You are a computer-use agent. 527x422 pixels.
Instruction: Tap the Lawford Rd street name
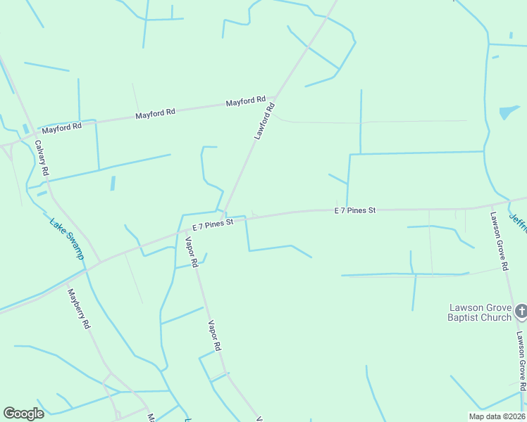pyautogui.click(x=263, y=121)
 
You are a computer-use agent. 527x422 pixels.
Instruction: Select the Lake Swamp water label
pyautogui.click(x=67, y=238)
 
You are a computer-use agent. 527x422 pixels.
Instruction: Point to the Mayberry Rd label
pyautogui.click(x=79, y=309)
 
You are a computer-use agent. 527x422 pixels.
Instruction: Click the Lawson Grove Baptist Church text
pyautogui.click(x=479, y=312)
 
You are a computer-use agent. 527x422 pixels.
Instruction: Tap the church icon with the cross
pyautogui.click(x=521, y=310)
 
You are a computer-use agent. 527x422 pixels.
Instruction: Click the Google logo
pyautogui.click(x=23, y=414)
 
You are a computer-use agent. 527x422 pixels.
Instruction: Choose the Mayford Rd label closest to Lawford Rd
pyautogui.click(x=245, y=102)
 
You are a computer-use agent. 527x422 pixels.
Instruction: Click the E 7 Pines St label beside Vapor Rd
pyautogui.click(x=212, y=225)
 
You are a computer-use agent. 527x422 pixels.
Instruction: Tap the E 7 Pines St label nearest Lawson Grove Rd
pyautogui.click(x=355, y=210)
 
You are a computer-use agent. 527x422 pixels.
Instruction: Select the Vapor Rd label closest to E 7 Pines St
pyautogui.click(x=190, y=252)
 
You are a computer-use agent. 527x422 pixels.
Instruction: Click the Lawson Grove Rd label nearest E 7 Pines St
pyautogui.click(x=500, y=241)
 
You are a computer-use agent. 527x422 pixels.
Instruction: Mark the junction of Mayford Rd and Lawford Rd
pyautogui.click(x=277, y=97)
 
